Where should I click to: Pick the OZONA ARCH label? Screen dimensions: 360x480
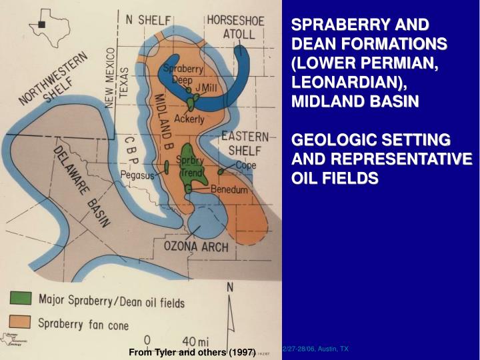click(x=195, y=247)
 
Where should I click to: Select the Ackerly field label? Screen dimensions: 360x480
click(x=189, y=119)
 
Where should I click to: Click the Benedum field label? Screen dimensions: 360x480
click(x=229, y=189)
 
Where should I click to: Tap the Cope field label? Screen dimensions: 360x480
click(x=245, y=165)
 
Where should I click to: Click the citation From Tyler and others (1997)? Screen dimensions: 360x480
click(x=192, y=352)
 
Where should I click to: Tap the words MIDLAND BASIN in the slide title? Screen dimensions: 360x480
click(x=355, y=101)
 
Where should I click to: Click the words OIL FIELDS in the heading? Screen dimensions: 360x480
click(x=335, y=178)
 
